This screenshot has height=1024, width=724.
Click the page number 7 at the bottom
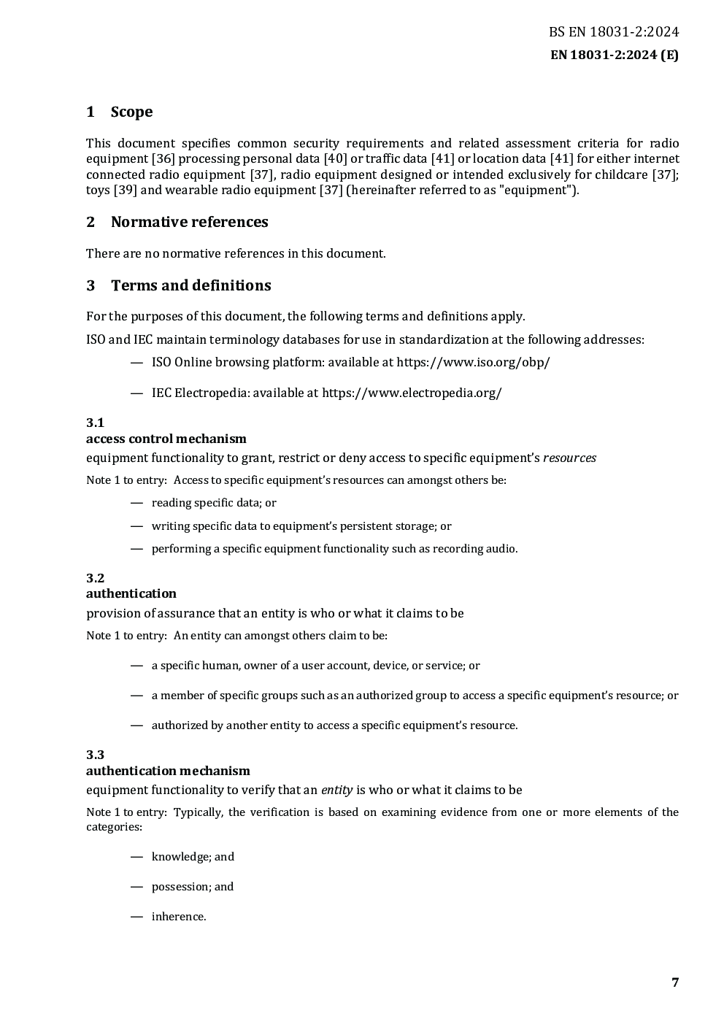(x=675, y=982)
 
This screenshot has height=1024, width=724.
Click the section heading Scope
(x=131, y=112)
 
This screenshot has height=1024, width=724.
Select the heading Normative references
(x=189, y=222)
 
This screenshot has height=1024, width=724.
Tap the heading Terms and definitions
(x=190, y=285)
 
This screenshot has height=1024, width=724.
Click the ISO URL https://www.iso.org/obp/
(x=473, y=362)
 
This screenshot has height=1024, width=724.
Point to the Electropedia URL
(x=412, y=393)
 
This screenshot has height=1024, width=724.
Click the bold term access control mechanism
(x=166, y=439)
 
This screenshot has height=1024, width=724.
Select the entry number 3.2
(x=95, y=578)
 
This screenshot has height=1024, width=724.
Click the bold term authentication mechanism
(x=168, y=771)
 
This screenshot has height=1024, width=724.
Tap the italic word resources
(x=569, y=458)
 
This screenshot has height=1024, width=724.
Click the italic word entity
(x=336, y=790)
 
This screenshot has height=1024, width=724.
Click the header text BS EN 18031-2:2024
(x=614, y=32)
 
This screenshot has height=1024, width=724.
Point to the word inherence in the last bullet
(x=178, y=917)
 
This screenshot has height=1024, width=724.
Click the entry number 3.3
(x=95, y=755)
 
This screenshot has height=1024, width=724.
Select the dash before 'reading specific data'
(x=136, y=503)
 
